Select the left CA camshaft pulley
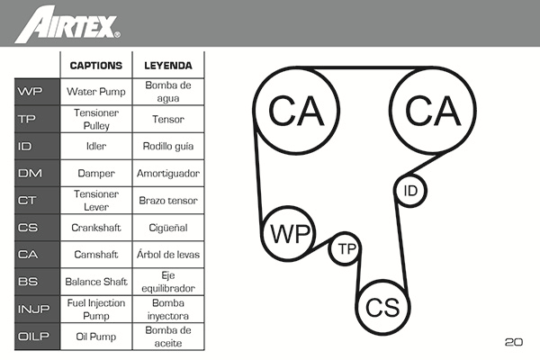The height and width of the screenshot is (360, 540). pos(296,110)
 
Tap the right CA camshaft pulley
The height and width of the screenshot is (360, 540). pos(433,110)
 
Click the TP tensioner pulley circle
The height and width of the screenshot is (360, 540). pos(346,249)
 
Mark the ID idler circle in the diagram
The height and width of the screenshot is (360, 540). pos(410,191)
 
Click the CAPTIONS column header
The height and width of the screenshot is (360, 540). pos(96,66)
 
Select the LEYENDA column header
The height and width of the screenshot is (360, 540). pos(168,66)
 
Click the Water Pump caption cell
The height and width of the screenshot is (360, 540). pos(96,92)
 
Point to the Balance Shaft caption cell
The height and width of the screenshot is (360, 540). pos(96,282)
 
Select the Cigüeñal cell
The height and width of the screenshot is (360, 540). pos(168,228)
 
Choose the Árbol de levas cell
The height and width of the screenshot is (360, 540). pos(168,255)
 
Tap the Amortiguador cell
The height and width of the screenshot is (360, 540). pos(168,173)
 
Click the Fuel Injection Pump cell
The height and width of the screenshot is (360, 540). pos(96,310)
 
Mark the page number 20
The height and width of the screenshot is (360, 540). pos(513,342)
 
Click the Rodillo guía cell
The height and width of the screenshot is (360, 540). pos(168,146)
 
